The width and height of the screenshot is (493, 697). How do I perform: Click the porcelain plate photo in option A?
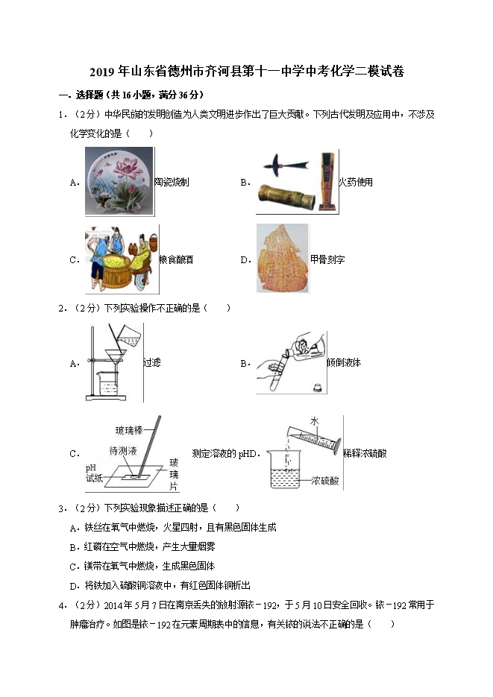(x=119, y=181)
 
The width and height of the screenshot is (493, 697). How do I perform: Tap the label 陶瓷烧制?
(x=172, y=182)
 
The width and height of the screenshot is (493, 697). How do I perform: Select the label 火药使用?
(x=356, y=182)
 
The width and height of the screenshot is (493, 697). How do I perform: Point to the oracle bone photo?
(x=282, y=258)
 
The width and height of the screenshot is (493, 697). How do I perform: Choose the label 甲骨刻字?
(x=327, y=259)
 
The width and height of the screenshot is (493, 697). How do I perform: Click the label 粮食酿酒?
(x=177, y=259)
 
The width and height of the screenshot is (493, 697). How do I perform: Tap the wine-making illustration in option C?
(x=122, y=259)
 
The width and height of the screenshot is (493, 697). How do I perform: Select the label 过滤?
(x=152, y=363)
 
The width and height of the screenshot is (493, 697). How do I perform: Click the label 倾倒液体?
(x=344, y=363)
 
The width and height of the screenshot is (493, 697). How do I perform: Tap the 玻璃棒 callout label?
(x=129, y=430)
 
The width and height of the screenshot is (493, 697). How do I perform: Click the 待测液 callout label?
(x=123, y=451)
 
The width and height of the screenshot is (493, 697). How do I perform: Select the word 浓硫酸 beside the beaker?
(x=325, y=481)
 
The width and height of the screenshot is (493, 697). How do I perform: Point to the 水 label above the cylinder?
(x=315, y=421)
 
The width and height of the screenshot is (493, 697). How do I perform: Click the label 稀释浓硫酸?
(x=365, y=454)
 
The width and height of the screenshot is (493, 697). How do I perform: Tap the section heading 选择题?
(x=90, y=95)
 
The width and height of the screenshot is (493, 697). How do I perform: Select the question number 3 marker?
(x=61, y=508)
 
